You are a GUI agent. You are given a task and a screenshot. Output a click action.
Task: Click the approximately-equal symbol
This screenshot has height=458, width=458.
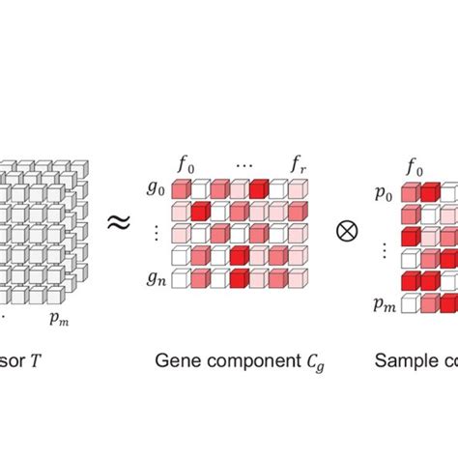tap(118, 223)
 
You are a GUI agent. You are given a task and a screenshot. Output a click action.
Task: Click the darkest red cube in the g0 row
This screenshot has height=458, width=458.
tap(257, 188)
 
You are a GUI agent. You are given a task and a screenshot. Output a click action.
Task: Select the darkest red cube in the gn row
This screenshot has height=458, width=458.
tap(238, 281)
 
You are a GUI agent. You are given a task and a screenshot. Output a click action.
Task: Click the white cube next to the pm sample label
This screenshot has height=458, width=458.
tap(410, 304)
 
